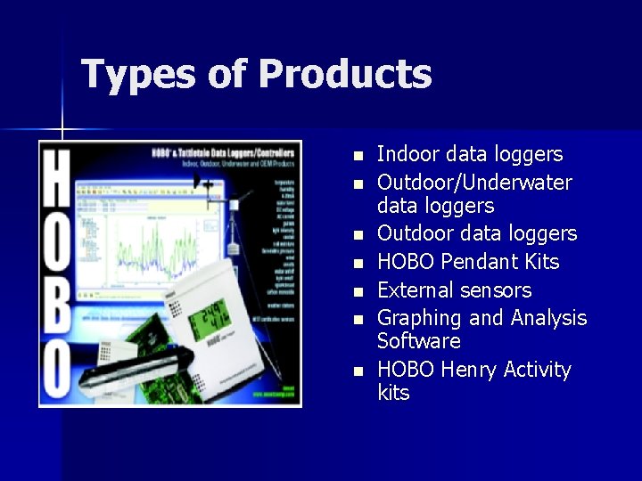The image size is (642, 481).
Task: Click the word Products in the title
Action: pyautogui.click(x=345, y=74)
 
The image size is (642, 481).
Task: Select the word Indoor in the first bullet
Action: pyautogui.click(x=408, y=154)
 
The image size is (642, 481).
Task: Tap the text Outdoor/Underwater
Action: pyautogui.click(x=474, y=183)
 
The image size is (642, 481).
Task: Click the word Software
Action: pyautogui.click(x=418, y=341)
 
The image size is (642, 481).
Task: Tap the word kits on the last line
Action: pyautogui.click(x=393, y=393)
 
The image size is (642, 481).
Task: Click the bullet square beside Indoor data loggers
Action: pyautogui.click(x=358, y=156)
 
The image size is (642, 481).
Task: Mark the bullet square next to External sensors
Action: pyautogui.click(x=358, y=292)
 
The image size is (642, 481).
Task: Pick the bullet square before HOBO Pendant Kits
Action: pyautogui.click(x=358, y=264)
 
